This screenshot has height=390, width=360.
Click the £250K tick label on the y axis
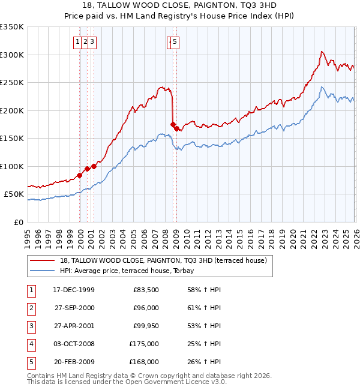tap(12, 82)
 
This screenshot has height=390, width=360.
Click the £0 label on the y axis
tap(18, 222)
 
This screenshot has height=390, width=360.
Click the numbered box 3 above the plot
tap(94, 41)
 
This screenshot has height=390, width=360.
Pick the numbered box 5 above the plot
tap(175, 41)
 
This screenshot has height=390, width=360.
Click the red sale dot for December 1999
tap(80, 176)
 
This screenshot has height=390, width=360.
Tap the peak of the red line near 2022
tap(322, 52)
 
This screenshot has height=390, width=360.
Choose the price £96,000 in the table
tap(146, 308)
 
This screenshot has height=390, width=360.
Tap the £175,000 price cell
tap(144, 344)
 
